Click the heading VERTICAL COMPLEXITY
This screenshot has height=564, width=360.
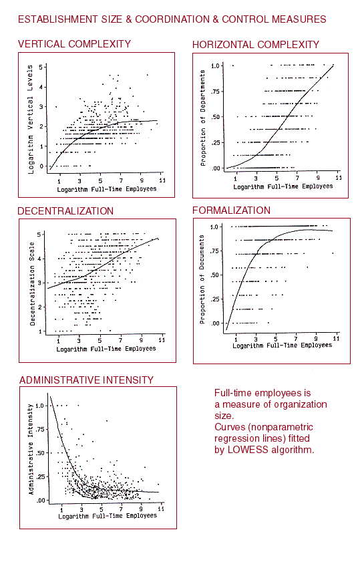click(x=74, y=44)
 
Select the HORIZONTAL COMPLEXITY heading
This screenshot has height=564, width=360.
click(x=256, y=45)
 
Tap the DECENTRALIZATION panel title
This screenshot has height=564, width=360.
click(x=65, y=210)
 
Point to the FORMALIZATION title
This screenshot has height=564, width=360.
click(x=231, y=210)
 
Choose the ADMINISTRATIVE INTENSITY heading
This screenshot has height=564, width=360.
click(x=86, y=380)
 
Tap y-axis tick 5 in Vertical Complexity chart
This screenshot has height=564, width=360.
click(x=41, y=67)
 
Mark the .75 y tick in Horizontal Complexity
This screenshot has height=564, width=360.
click(x=214, y=92)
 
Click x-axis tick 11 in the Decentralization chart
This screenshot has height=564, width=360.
click(x=162, y=340)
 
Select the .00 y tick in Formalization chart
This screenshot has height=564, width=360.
click(x=215, y=323)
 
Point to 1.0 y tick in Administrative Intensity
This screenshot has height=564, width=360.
click(x=40, y=406)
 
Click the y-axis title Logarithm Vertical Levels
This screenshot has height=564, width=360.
click(x=30, y=120)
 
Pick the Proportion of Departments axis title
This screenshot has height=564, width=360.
click(x=203, y=118)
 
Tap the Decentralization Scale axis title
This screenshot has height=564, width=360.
click(x=32, y=284)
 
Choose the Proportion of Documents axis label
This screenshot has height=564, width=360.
click(x=202, y=279)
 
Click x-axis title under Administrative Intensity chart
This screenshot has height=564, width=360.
click(x=108, y=516)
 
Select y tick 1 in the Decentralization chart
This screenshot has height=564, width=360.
click(x=40, y=331)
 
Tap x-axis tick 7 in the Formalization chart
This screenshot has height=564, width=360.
click(x=296, y=339)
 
